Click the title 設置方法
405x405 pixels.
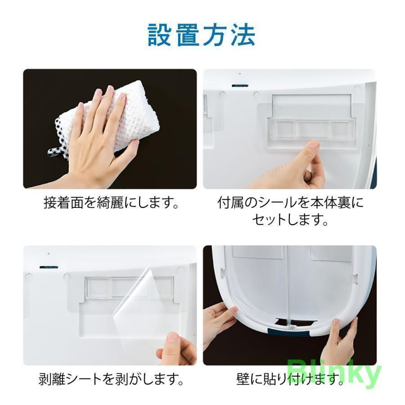pos(202,35)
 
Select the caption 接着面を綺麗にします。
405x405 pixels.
pos(111,203)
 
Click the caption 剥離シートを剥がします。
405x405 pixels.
pos(111,380)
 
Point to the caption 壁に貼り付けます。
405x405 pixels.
pos(290,380)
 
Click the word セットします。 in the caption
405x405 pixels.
pos(290,220)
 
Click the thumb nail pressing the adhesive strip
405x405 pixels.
pos(314,145)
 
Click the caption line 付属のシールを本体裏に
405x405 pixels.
pos(290,203)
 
